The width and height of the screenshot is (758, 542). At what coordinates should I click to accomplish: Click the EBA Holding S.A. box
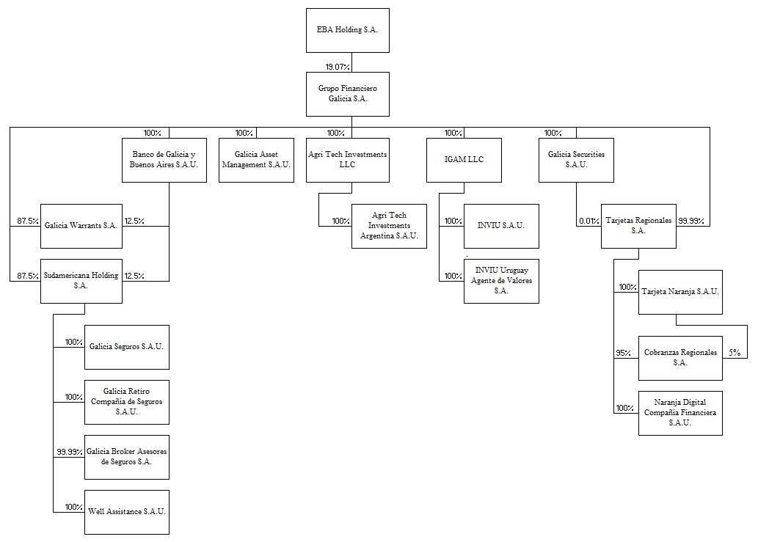pyautogui.click(x=348, y=30)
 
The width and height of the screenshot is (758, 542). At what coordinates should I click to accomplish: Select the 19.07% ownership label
pyautogui.click(x=338, y=67)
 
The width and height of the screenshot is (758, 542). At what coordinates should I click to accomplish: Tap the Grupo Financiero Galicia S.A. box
pyautogui.click(x=348, y=94)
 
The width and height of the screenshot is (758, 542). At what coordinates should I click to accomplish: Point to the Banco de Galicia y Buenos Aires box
pyautogui.click(x=164, y=160)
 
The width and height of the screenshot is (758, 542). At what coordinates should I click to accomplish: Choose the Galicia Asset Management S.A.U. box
pyautogui.click(x=256, y=160)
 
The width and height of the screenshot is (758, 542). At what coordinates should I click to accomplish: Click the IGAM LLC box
pyautogui.click(x=464, y=160)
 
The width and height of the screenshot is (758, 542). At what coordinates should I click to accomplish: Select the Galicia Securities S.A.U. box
pyautogui.click(x=576, y=160)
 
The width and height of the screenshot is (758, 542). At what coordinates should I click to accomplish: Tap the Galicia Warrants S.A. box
pyautogui.click(x=81, y=226)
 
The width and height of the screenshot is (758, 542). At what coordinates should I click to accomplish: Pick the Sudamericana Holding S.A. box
pyautogui.click(x=81, y=281)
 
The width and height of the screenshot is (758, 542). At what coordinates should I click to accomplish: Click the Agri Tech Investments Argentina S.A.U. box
pyautogui.click(x=389, y=226)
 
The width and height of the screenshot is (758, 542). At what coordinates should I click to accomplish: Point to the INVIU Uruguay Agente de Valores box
pyautogui.click(x=501, y=281)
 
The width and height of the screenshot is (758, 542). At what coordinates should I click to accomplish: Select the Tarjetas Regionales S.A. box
pyautogui.click(x=638, y=226)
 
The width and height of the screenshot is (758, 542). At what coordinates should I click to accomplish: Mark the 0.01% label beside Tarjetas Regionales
pyautogui.click(x=588, y=221)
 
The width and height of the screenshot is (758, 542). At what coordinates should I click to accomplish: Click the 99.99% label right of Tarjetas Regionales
pyautogui.click(x=691, y=221)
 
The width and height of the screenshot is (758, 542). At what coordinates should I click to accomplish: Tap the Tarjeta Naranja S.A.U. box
pyautogui.click(x=680, y=292)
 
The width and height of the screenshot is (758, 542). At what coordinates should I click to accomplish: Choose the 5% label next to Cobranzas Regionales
pyautogui.click(x=734, y=353)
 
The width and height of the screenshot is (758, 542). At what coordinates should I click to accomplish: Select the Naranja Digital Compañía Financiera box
pyautogui.click(x=680, y=413)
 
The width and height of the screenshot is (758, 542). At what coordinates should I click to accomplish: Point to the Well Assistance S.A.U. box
pyautogui.click(x=127, y=511)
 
